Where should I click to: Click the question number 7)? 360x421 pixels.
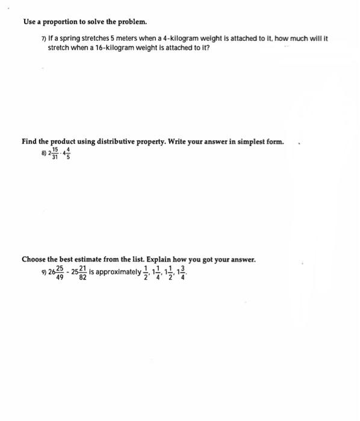coord(43,38)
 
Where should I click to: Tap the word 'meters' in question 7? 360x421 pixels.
coord(138,38)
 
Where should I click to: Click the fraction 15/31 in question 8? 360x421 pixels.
coord(55,153)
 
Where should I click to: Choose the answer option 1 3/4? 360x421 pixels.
coord(184,272)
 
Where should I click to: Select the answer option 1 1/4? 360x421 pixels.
coord(158,272)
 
